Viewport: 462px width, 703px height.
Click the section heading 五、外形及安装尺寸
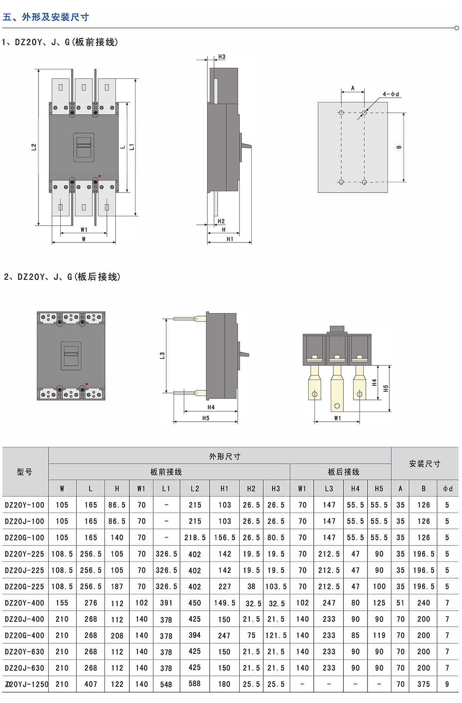tap(46, 17)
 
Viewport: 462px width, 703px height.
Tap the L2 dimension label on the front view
tap(34, 147)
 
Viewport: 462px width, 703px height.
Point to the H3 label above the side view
tap(222, 57)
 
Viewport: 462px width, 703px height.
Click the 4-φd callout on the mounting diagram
tap(390, 94)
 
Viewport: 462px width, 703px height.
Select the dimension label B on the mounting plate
tap(399, 147)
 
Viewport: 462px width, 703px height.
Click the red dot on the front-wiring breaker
tap(100, 176)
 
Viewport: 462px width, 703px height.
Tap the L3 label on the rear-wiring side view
tap(162, 355)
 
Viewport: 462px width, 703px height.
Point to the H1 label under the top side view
tap(230, 239)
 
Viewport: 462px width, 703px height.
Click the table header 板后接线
tap(343, 472)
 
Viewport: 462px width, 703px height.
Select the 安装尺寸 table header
tap(425, 464)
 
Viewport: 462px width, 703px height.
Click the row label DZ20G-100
tap(25, 537)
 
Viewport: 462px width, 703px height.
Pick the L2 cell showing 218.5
tap(195, 537)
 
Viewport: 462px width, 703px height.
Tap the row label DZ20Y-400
tap(25, 603)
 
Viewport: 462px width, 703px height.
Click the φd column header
tap(447, 489)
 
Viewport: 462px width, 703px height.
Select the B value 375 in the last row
tap(423, 684)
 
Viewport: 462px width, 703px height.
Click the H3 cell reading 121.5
tap(276, 635)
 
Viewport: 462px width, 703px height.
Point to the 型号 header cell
tap(25, 472)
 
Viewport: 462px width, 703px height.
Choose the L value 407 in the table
tap(90, 684)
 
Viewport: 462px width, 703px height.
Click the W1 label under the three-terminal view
tap(338, 418)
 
